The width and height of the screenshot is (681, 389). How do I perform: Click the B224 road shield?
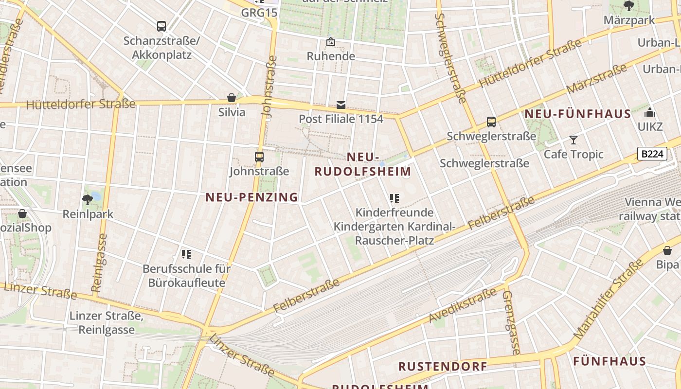(652, 154)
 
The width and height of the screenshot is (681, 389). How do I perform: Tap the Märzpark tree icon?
(628, 6)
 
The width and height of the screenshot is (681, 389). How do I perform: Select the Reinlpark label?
(88, 214)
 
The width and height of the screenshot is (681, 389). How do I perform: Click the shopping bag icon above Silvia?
(232, 98)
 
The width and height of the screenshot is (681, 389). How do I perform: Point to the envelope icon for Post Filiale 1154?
(341, 105)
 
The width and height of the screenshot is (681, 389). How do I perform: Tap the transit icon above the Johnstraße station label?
(259, 157)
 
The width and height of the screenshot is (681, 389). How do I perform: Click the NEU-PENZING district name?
(251, 197)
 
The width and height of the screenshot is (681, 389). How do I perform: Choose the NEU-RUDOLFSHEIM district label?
(363, 164)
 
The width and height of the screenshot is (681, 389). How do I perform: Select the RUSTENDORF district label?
(443, 366)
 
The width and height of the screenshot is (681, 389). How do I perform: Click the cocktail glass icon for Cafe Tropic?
(573, 140)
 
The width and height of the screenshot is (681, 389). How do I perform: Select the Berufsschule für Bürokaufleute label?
(187, 276)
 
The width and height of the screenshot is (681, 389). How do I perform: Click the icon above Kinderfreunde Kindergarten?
(394, 198)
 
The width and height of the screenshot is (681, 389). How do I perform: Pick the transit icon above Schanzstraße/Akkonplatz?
(161, 26)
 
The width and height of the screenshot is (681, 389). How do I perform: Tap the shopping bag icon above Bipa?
(667, 250)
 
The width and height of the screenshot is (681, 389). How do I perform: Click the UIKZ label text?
(650, 127)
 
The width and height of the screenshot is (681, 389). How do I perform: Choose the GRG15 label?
(259, 13)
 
